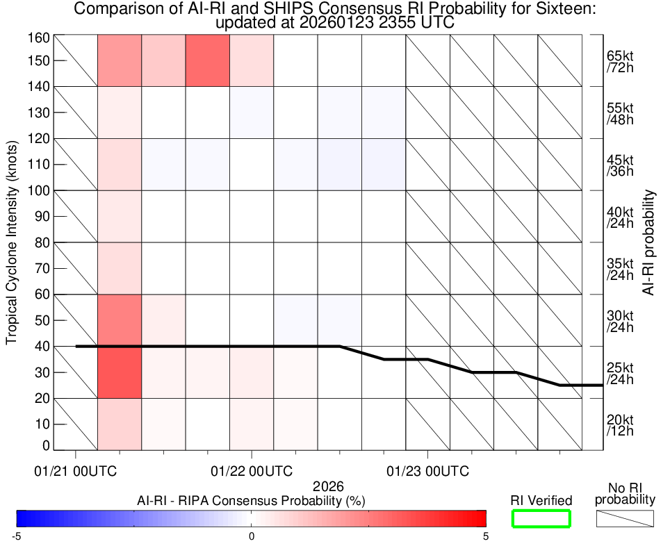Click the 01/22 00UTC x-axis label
click(252, 471)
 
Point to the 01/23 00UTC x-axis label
click(427, 471)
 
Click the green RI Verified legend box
click(541, 518)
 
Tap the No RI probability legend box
click(625, 518)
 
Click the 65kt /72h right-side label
click(619, 61)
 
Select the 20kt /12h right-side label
click(619, 424)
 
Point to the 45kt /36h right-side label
click(619, 165)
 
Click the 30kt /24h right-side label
click(619, 320)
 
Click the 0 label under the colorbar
click(252, 536)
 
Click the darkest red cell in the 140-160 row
click(208, 60)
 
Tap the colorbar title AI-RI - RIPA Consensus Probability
click(252, 500)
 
